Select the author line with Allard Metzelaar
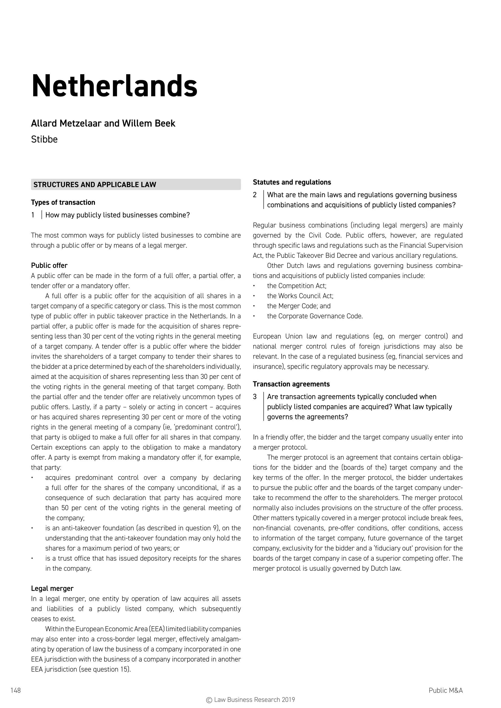pyautogui.click(x=103, y=123)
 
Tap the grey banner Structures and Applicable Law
pyautogui.click(x=136, y=184)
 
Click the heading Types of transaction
pyautogui.click(x=63, y=202)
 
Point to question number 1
pyautogui.click(x=33, y=215)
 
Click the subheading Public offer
pyautogui.click(x=49, y=265)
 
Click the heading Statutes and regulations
pyautogui.click(x=292, y=182)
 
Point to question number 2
pyautogui.click(x=255, y=195)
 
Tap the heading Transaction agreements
pyautogui.click(x=291, y=384)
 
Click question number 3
pyautogui.click(x=255, y=397)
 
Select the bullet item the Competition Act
pyautogui.click(x=296, y=286)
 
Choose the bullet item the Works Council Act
pyautogui.click(x=300, y=296)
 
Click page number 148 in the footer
pyautogui.click(x=15, y=690)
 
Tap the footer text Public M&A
pyautogui.click(x=445, y=690)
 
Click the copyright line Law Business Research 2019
pyautogui.click(x=250, y=700)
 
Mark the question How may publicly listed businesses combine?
pyautogui.click(x=117, y=215)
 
